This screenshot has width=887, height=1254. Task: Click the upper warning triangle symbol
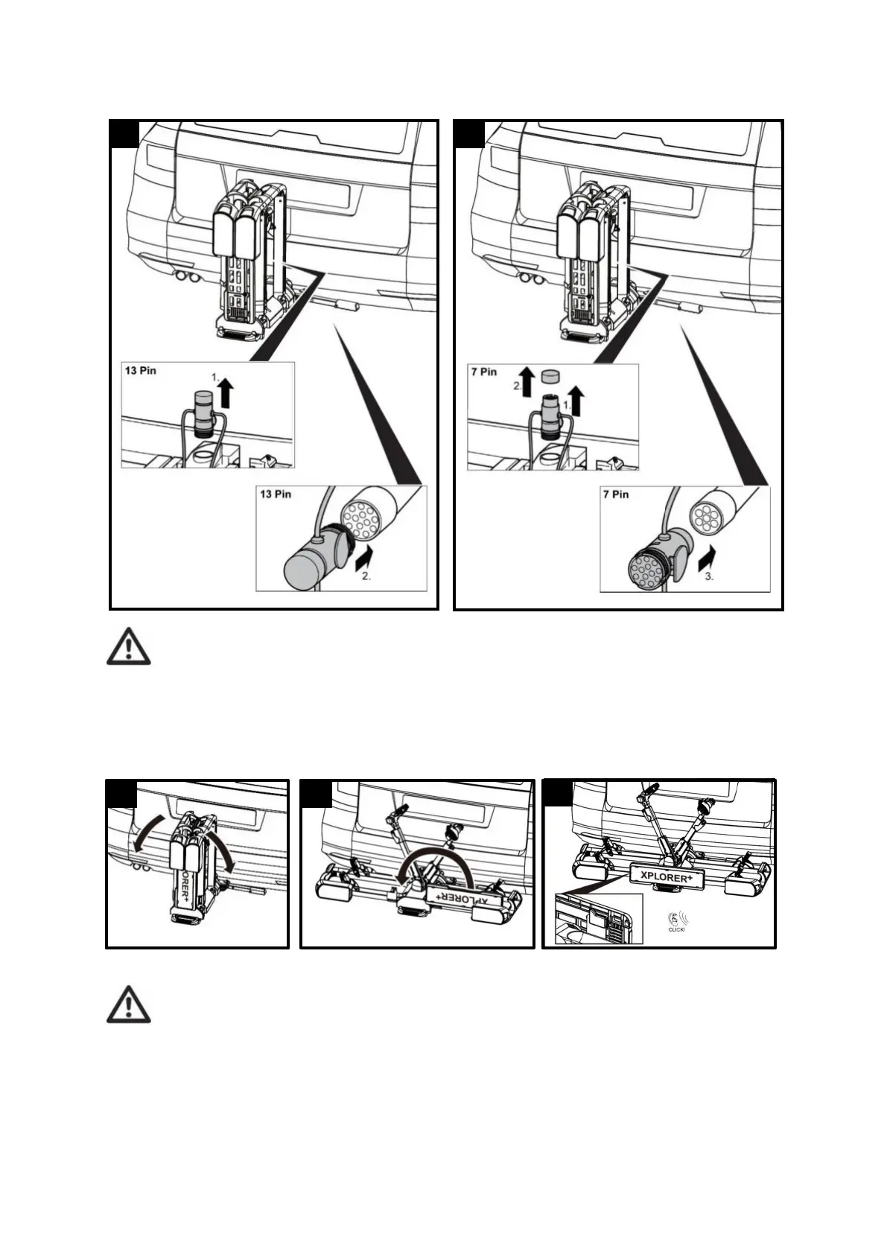tap(128, 646)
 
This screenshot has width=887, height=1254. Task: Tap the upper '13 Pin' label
tap(141, 370)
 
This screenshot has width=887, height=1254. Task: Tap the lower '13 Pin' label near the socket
tap(275, 494)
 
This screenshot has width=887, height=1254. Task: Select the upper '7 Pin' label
tap(483, 372)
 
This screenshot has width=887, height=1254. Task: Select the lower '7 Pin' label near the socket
tap(615, 494)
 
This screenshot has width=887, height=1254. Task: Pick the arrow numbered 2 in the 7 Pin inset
tap(527, 380)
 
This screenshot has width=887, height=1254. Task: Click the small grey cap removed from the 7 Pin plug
tap(550, 375)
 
